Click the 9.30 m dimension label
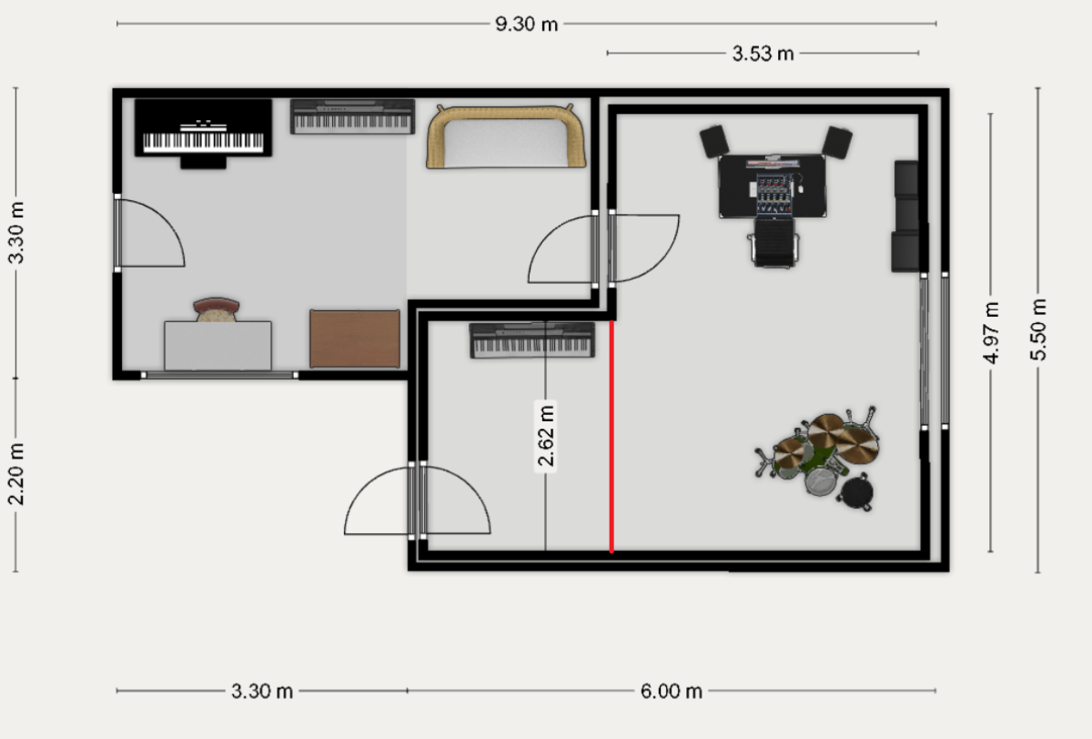coord(527,24)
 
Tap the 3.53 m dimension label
coord(763,54)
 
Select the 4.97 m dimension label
coord(991,333)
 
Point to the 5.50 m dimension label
coord(1039,330)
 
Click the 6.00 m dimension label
coord(672,692)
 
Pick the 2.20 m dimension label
coord(16,474)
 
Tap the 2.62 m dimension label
coord(545,435)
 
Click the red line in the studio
coord(612,436)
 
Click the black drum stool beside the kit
coord(856,493)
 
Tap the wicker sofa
coord(506,137)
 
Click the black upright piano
coord(203,134)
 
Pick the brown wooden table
coord(355,339)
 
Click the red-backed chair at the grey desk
coord(217,309)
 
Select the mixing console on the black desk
coord(773,194)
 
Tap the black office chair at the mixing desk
coord(773,242)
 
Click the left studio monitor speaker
coord(714,141)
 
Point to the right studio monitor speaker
coord(837,142)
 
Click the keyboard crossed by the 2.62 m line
coord(531,340)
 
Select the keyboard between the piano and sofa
coord(352,116)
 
